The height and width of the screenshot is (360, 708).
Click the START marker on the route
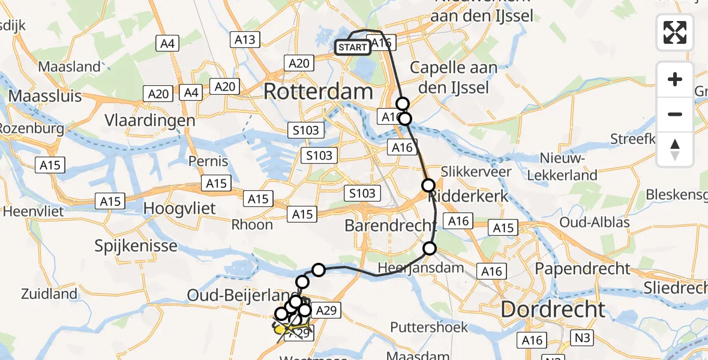click(x=353, y=47)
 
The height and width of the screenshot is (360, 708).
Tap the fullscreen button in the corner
click(x=675, y=32)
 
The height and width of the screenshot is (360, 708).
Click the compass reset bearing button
click(x=675, y=149)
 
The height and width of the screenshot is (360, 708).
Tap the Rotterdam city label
click(x=318, y=92)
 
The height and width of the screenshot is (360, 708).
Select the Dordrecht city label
click(x=553, y=310)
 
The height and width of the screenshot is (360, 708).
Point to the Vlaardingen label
click(x=150, y=121)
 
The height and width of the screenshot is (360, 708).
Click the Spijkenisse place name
click(x=136, y=246)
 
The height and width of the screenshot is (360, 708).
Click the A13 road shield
click(x=245, y=40)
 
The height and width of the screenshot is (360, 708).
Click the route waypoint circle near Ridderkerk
click(x=428, y=185)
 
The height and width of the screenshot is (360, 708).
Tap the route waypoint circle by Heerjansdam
click(x=430, y=248)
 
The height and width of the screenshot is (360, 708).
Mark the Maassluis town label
click(x=46, y=96)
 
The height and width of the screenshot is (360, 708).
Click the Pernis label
click(x=208, y=161)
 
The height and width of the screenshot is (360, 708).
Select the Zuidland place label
click(x=49, y=294)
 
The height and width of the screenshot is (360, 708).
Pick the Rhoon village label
click(x=253, y=225)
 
